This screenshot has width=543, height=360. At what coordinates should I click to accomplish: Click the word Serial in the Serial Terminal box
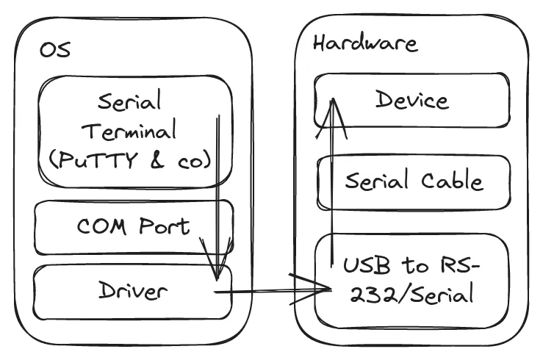(129, 101)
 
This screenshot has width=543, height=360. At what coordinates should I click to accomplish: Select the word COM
(101, 225)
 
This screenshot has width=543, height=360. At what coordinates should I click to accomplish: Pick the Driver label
(133, 291)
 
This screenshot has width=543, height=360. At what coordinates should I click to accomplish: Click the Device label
(411, 99)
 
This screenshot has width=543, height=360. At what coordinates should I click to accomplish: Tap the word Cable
(452, 181)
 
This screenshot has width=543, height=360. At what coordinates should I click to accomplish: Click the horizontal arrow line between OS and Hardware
(265, 292)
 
